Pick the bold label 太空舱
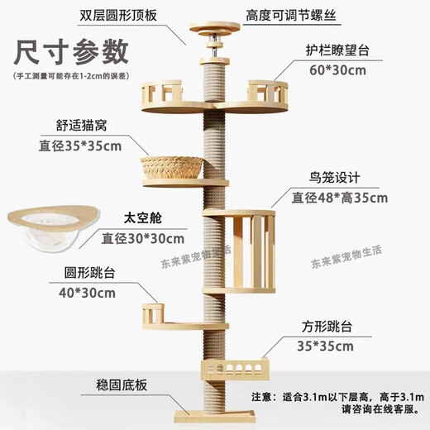(x=122, y=221)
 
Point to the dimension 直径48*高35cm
(x=340, y=198)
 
